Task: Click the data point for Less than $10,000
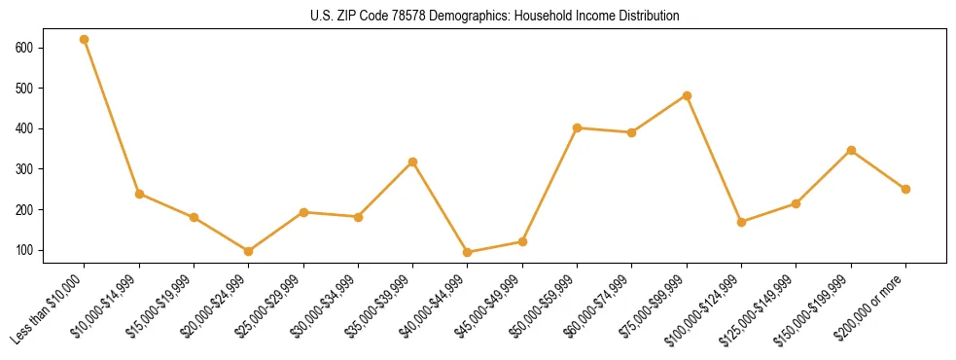click(x=85, y=40)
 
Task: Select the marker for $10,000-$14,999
click(x=139, y=194)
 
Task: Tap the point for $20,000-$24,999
click(x=249, y=251)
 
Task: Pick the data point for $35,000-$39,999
click(x=413, y=162)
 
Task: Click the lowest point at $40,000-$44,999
click(x=468, y=252)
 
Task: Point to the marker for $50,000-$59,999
click(x=578, y=127)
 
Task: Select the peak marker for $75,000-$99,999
click(x=687, y=95)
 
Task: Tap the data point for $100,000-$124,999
click(x=742, y=222)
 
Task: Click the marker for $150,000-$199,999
click(x=851, y=150)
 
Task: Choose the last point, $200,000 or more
click(x=905, y=189)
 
